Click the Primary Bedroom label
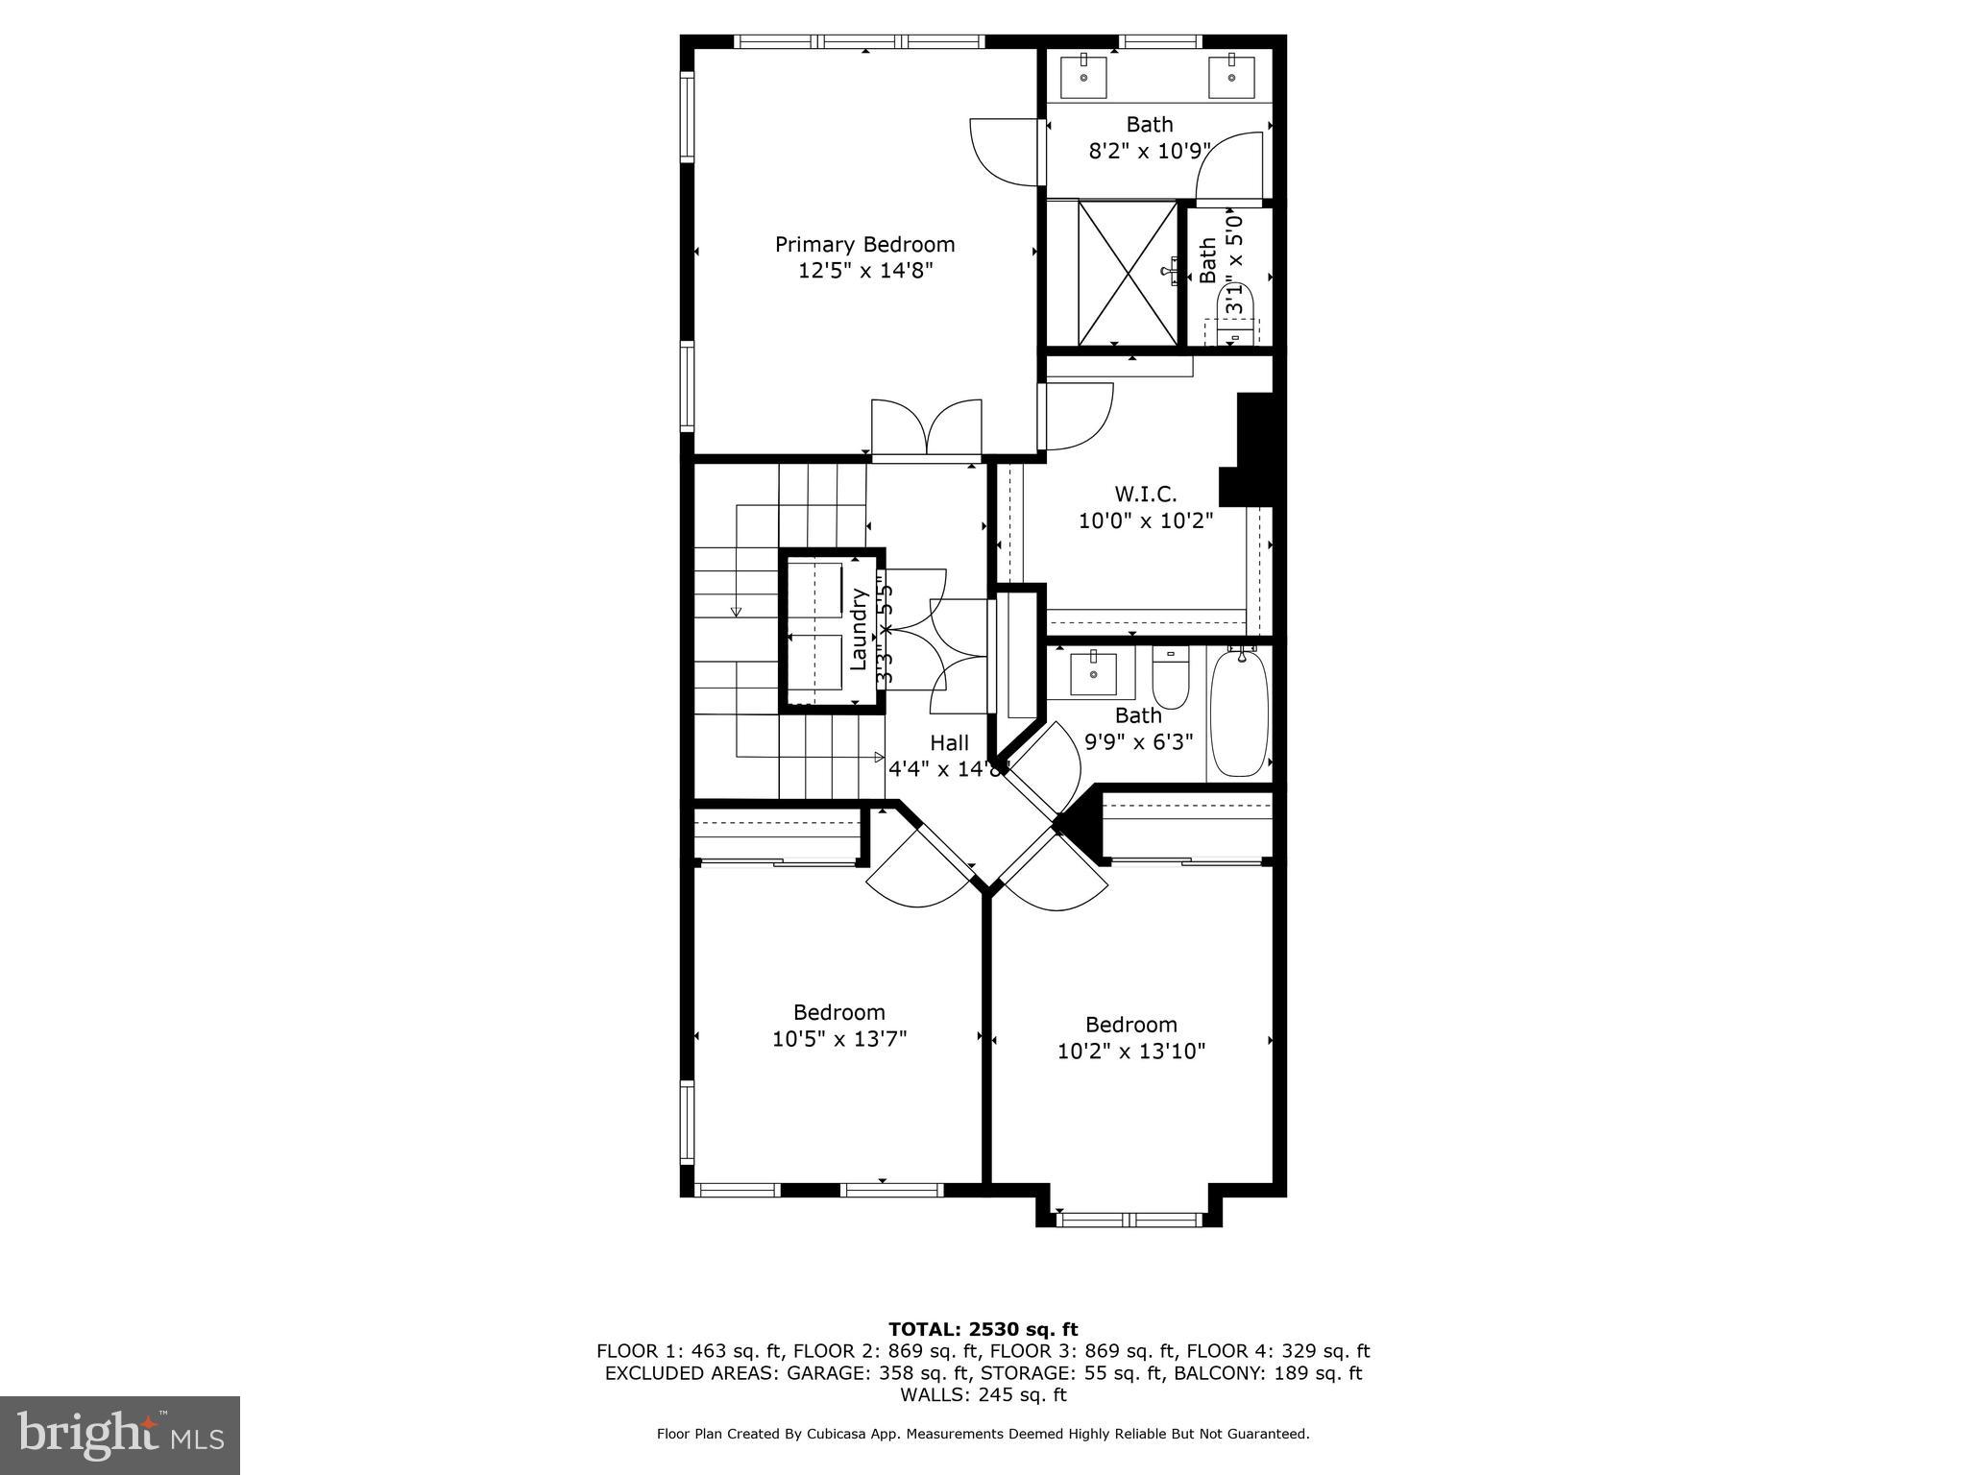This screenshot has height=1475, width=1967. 864,245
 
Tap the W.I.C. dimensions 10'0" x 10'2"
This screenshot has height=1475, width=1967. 1146,521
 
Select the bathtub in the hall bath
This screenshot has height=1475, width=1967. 1240,713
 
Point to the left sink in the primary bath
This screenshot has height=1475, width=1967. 1083,77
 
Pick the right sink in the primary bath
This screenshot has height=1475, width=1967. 1230,77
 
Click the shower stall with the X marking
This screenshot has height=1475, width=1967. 1128,273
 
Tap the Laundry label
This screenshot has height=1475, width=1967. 860,629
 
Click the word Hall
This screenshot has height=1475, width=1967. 949,743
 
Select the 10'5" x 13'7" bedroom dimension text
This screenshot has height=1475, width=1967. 839,1039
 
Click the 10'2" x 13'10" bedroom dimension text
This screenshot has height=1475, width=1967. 1131,1052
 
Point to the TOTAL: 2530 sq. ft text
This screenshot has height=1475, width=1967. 983,1330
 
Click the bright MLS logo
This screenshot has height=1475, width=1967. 120,1435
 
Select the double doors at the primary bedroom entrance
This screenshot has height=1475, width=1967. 927,428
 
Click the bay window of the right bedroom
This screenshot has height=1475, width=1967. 1129,1221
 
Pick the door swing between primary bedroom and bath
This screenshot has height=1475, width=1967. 1004,152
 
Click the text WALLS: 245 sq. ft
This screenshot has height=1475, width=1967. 983,1394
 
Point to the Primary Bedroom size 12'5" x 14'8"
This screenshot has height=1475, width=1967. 865,271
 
